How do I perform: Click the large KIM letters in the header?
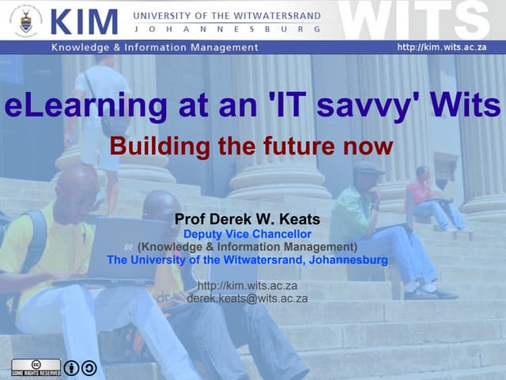click(85, 21)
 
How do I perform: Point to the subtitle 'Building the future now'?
click(251, 146)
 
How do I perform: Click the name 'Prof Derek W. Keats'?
click(247, 218)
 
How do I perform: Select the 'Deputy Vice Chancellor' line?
click(247, 234)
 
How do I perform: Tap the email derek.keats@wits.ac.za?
click(247, 298)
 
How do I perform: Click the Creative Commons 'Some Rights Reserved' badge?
click(36, 367)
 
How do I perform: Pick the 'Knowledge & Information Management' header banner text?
click(155, 47)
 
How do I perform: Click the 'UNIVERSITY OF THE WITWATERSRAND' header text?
click(228, 16)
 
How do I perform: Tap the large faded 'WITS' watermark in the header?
click(419, 21)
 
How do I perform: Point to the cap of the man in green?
click(368, 168)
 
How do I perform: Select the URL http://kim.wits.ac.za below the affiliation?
click(247, 286)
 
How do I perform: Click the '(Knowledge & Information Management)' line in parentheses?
click(247, 247)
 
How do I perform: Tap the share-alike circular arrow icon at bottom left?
click(89, 367)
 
